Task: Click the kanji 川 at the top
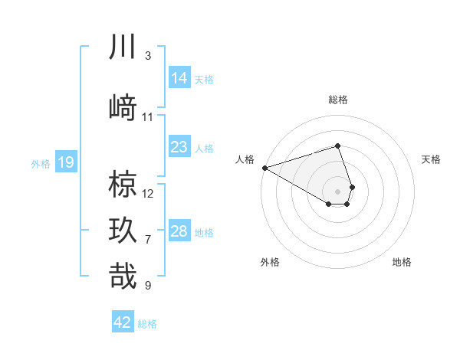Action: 123,47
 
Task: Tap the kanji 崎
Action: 123,106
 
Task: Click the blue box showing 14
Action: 179,77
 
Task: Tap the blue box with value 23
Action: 179,147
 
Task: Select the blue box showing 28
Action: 179,231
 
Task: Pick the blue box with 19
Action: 65,162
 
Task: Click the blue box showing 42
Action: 123,322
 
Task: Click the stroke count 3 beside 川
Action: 148,56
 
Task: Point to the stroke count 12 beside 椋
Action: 148,193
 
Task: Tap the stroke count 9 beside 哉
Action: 148,286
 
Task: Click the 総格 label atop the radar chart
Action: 337,100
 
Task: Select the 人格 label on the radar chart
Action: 245,159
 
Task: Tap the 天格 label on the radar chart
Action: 431,159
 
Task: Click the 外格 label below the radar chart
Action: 270,262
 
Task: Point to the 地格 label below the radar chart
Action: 402,262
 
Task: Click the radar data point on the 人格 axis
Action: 264,167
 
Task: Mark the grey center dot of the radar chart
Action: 337,191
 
